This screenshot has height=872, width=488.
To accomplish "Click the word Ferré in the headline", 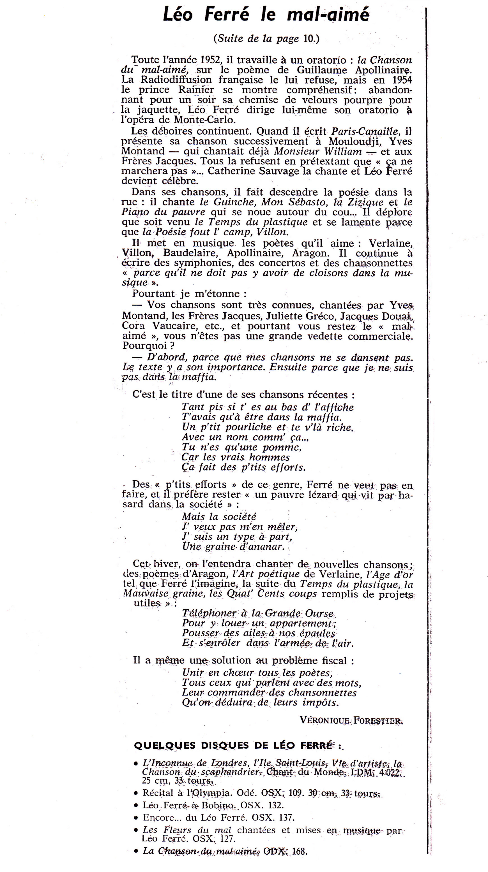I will coord(227,15).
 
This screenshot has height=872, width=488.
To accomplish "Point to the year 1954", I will coord(402,80).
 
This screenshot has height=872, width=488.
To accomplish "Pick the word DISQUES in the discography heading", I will coord(231,746).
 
